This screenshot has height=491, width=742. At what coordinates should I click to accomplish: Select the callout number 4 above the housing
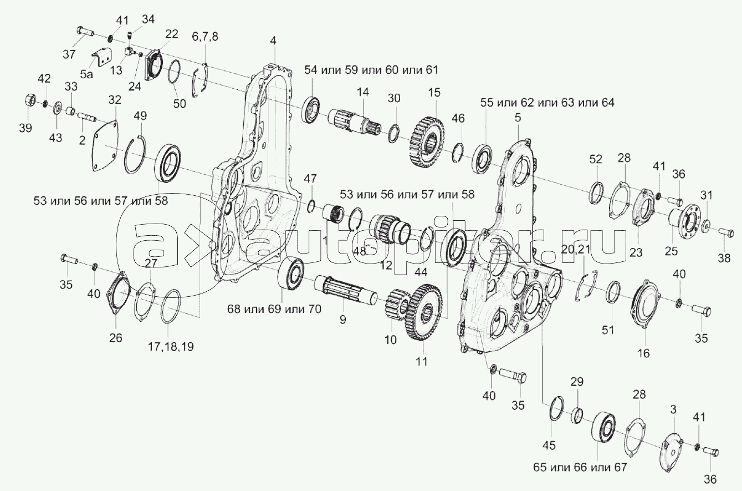pos(273,40)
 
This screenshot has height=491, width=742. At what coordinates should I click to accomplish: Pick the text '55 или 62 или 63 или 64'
pos(547,103)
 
